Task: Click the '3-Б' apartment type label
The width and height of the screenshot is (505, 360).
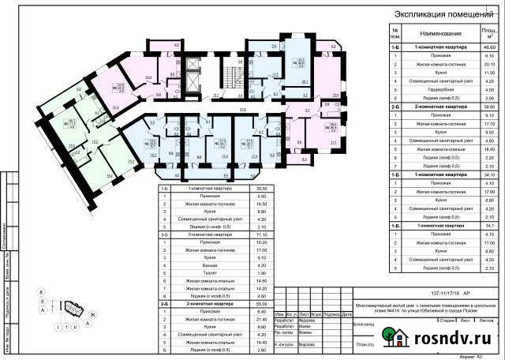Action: coord(165,234)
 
